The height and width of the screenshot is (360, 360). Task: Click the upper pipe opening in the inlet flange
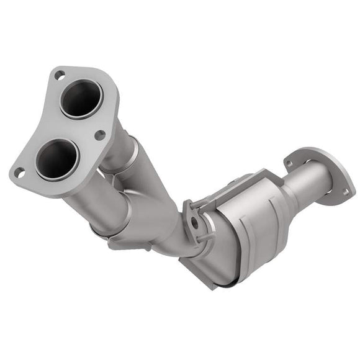pos(81,99)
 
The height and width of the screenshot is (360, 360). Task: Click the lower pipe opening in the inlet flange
pos(56,158)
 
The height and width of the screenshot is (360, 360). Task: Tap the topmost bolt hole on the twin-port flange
pos(60,75)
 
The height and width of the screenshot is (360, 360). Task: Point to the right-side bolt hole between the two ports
pos(99,134)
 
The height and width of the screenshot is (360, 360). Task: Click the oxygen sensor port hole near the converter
pos(195,220)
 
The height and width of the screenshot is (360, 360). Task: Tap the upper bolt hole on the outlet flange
pos(289,163)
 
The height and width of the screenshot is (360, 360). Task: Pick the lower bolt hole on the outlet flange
pos(345,192)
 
